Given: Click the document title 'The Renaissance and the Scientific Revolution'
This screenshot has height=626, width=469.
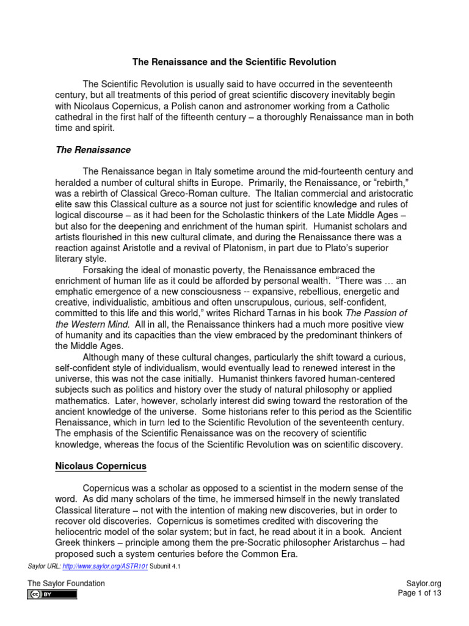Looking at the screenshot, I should click(234, 62).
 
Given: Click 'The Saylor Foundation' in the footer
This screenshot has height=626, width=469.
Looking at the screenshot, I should click(66, 583).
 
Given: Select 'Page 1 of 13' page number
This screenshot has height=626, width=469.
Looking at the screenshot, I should click(419, 593).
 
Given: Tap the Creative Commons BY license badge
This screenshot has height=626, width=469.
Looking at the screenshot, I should click(52, 594).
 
